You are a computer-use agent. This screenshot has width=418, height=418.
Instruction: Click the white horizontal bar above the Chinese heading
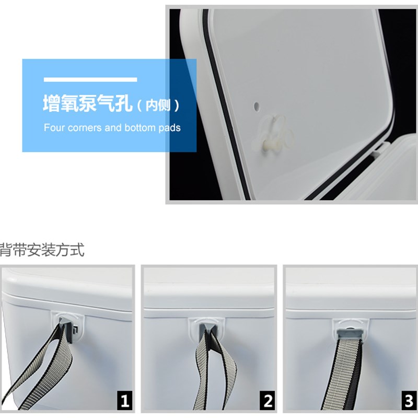click(x=90, y=79)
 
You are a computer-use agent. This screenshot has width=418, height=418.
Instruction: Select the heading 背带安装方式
click(x=42, y=250)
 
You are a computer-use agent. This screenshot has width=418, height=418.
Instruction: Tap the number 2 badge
click(x=268, y=401)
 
